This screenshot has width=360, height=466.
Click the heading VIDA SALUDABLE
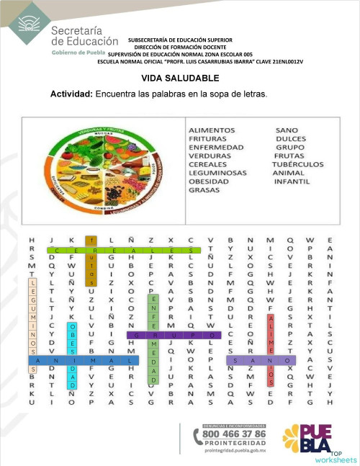(180, 78)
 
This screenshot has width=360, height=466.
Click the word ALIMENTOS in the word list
(212, 130)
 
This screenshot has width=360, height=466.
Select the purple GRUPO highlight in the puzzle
(174, 335)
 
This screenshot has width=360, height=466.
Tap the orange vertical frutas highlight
(91, 261)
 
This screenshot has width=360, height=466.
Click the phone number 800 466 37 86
(233, 434)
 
